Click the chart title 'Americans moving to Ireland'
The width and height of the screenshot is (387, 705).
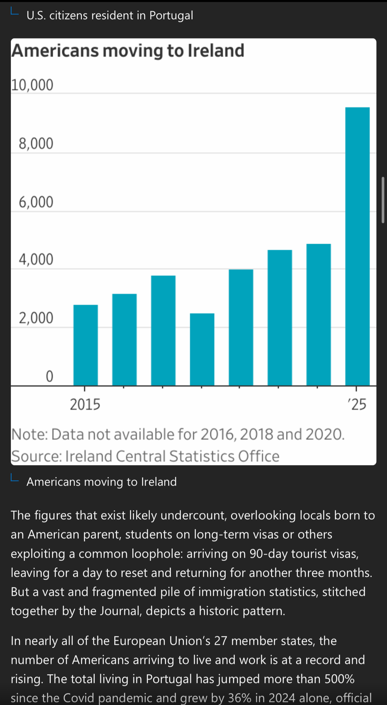pos(128,50)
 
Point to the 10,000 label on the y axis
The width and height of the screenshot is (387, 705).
pos(32,85)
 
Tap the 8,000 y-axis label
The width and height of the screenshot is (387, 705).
pos(36,143)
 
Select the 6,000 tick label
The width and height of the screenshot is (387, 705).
pos(36,202)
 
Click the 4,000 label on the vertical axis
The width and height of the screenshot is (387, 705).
pos(36,259)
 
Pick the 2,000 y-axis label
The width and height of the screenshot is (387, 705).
pos(36,318)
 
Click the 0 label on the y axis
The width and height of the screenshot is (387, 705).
pos(49,376)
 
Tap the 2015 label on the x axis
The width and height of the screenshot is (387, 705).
pos(85,404)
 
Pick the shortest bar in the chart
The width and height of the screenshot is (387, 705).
pos(202,349)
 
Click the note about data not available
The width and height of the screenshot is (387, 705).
pos(178,434)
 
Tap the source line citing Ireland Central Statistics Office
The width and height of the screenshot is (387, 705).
pos(145,456)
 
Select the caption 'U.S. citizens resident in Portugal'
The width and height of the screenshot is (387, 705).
pos(110,16)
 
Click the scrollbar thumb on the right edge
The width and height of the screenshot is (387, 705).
pos(383,200)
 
